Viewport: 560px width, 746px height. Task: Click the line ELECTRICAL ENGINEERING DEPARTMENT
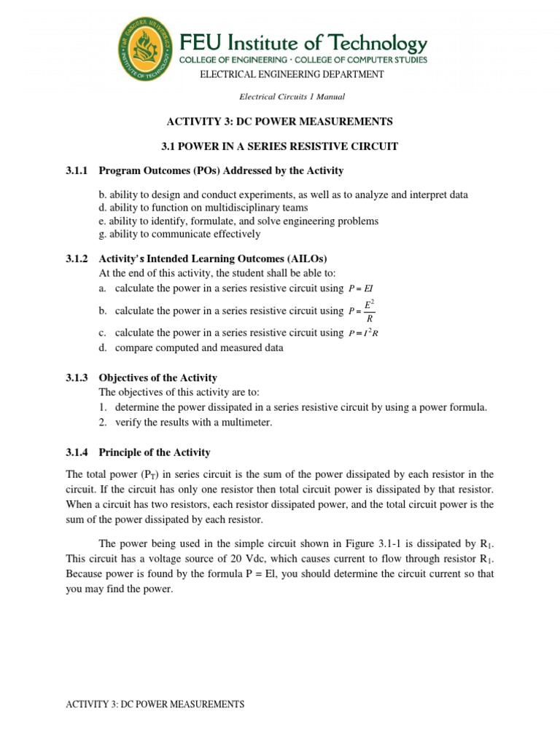pyautogui.click(x=287, y=74)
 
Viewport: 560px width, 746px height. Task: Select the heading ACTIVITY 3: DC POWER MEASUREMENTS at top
pyautogui.click(x=281, y=121)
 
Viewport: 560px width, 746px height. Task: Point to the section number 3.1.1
pyautogui.click(x=77, y=170)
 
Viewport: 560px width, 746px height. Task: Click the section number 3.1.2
pyautogui.click(x=77, y=259)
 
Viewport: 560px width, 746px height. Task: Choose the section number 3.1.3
pyautogui.click(x=77, y=378)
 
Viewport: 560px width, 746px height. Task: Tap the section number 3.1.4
pyautogui.click(x=77, y=452)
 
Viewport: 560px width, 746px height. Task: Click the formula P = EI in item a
pyautogui.click(x=362, y=288)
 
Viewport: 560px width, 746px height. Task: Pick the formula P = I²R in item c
pyautogui.click(x=363, y=333)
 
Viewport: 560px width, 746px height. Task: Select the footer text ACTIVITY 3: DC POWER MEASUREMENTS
pyautogui.click(x=155, y=704)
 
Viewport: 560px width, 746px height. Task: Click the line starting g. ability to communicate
pyautogui.click(x=179, y=234)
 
